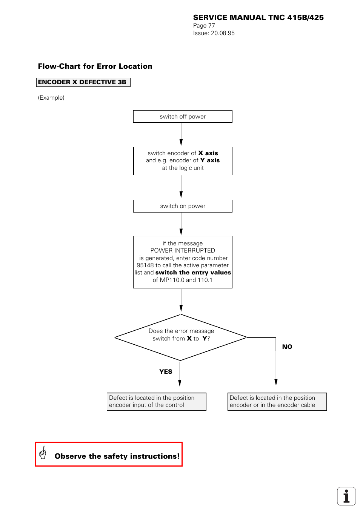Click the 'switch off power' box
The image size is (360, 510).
183,117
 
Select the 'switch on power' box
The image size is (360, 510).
183,206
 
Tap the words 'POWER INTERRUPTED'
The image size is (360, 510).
183,251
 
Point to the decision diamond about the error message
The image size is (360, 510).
181,337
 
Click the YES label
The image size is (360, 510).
166,372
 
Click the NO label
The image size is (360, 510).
287,347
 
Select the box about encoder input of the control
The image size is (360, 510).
156,402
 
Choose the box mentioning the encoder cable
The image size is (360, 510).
277,402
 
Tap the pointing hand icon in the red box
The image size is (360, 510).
43,453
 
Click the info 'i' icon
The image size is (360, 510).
346,496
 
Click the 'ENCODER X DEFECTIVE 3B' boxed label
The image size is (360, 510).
83,82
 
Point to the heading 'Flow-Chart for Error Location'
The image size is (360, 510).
95,66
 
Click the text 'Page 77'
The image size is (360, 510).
204,26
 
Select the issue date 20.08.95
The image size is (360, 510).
223,33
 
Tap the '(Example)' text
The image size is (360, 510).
51,98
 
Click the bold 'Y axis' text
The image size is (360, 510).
210,160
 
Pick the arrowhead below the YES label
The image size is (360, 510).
180,383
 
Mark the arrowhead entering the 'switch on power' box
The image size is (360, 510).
181,195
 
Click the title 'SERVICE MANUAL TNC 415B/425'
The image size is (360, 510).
258,17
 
